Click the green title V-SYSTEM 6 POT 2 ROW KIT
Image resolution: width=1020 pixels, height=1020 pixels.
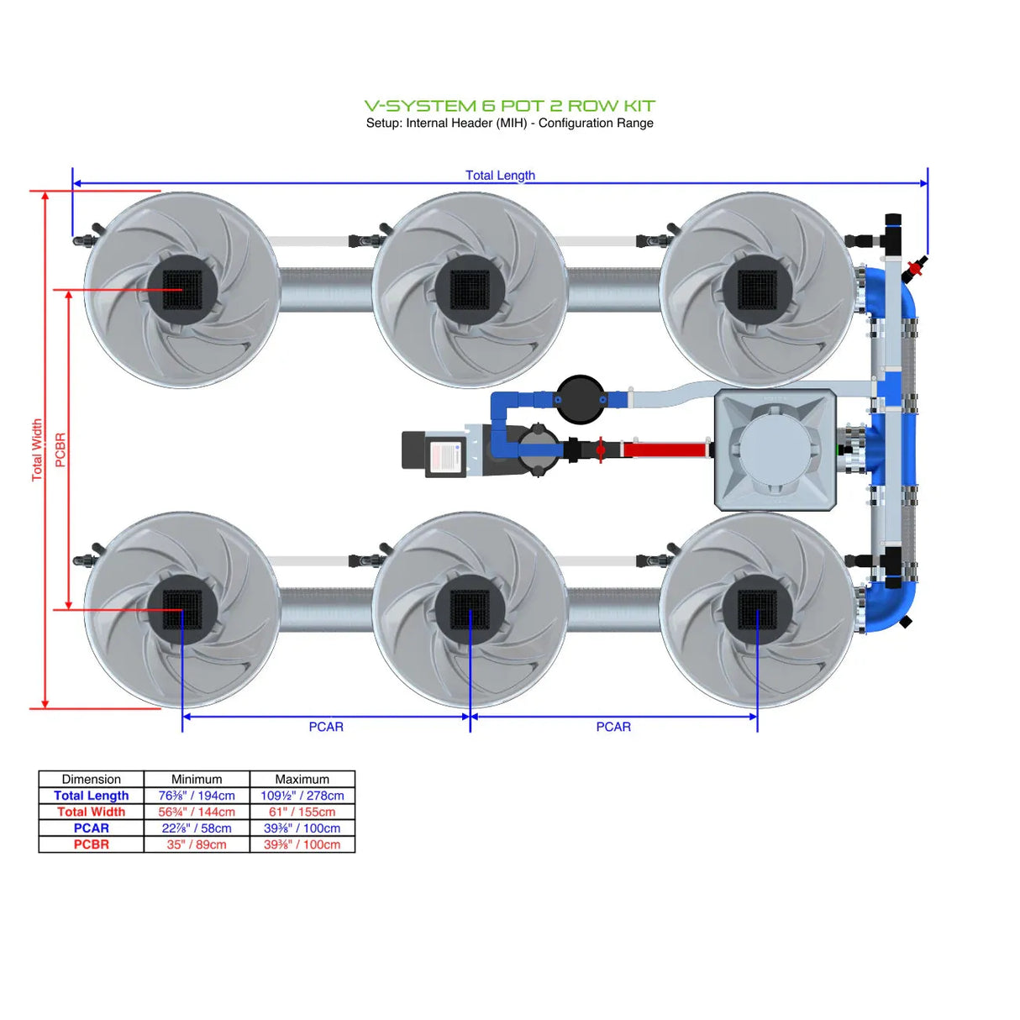coord(509,106)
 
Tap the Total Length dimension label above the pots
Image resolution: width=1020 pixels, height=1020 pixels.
coord(500,175)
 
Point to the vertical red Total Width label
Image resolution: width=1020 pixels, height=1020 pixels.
coord(37,450)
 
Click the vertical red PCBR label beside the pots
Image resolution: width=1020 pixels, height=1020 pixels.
coord(60,450)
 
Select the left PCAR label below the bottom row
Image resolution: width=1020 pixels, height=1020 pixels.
coord(326,727)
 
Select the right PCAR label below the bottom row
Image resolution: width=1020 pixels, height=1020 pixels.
coord(613,727)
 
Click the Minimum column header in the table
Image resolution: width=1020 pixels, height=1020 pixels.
coord(197,779)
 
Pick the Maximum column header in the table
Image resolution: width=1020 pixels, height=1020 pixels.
coord(302,779)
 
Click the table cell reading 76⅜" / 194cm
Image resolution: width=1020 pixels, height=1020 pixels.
coord(197,796)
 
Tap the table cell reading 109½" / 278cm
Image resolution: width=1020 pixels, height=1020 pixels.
coord(302,796)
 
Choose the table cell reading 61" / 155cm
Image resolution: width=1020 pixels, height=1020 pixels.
coord(302,812)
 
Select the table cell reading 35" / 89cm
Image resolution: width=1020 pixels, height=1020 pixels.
coord(197,844)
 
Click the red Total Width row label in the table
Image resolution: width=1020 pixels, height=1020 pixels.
coord(91,812)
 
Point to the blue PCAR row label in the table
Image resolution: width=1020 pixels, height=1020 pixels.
coord(91,828)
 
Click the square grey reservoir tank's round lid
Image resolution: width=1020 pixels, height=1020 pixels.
coord(774,450)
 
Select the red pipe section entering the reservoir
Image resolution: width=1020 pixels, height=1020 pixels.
coord(664,450)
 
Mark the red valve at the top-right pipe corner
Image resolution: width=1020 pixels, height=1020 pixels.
coord(915,268)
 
